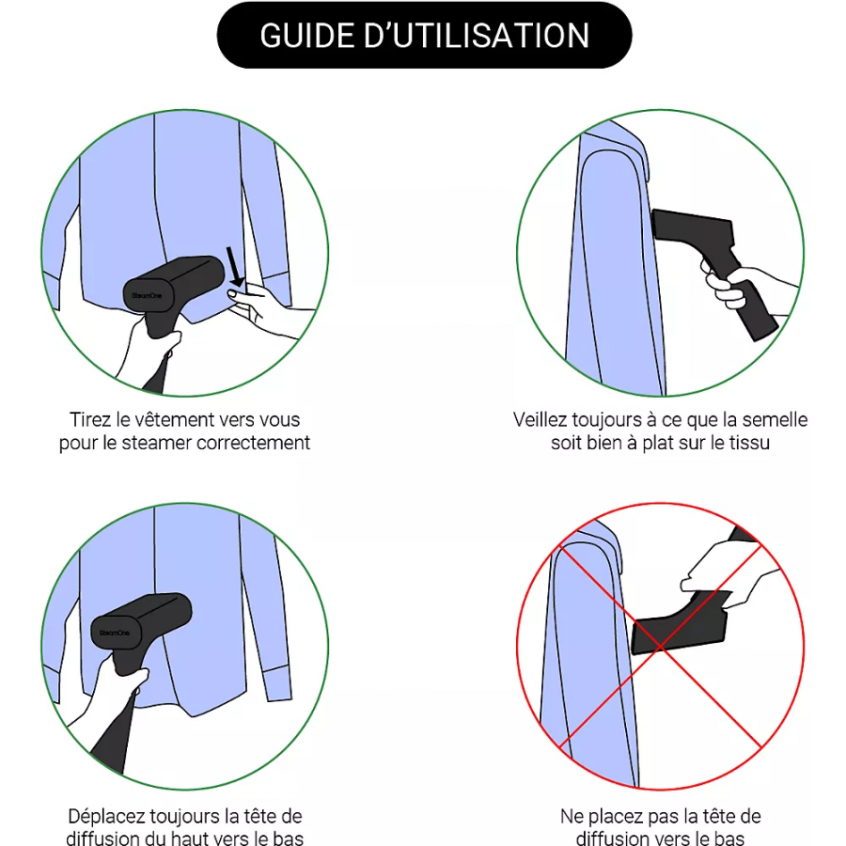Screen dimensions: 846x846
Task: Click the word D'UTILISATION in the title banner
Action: pos(477,36)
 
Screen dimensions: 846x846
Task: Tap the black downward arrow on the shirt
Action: pos(235,267)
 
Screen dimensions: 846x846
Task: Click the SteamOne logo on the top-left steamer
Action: pos(147,296)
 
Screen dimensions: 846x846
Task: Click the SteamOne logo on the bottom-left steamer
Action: pos(115,633)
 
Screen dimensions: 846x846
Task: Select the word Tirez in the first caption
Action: pos(90,420)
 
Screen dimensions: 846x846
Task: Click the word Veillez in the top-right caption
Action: pos(540,420)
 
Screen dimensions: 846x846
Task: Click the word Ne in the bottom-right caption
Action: pos(572,816)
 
